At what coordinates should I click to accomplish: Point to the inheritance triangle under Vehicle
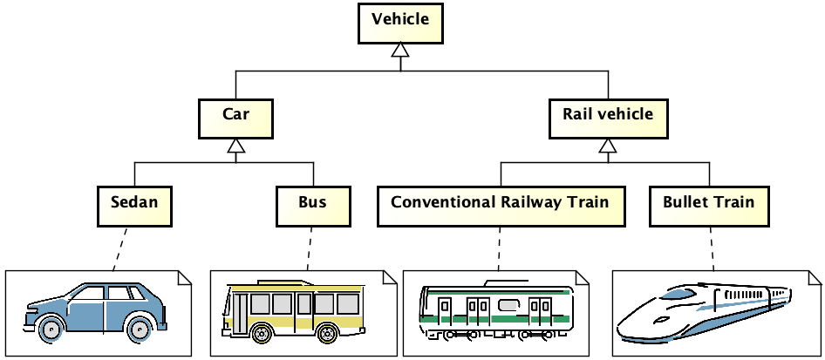coord(400,52)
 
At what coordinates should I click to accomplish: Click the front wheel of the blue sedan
coord(51,329)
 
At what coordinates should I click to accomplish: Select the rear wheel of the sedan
coord(138,329)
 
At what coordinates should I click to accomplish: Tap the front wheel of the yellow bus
coord(259,333)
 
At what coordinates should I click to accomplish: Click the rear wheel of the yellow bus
coord(327,333)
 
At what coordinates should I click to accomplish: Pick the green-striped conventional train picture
coord(497,312)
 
